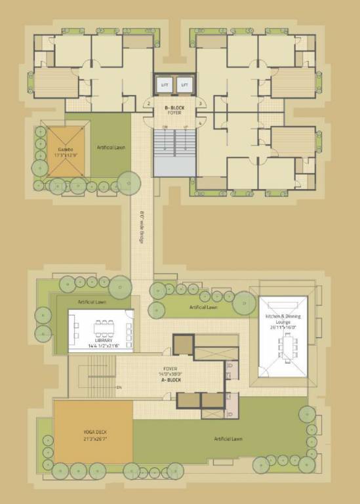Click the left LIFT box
click(164, 85)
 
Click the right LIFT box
click(184, 85)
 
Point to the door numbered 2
click(149, 104)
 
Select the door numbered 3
click(199, 104)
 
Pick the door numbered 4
click(199, 121)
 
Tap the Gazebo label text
click(64, 150)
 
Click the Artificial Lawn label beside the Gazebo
click(111, 148)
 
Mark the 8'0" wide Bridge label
click(142, 227)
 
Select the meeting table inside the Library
click(103, 325)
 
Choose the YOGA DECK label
click(94, 433)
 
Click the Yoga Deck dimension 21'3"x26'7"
click(94, 439)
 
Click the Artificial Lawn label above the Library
click(92, 302)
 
